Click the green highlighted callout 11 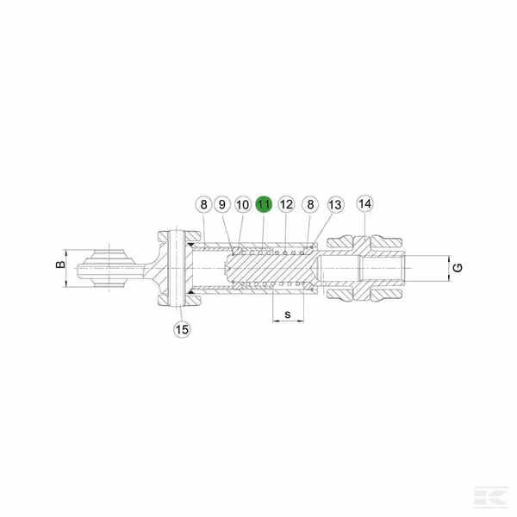(264, 204)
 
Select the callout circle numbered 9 (222, 204)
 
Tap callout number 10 (243, 205)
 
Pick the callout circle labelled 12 (286, 204)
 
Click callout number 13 (335, 205)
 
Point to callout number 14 (364, 203)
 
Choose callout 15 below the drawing (182, 329)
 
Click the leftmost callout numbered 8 (203, 204)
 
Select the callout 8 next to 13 (310, 204)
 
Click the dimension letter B (60, 265)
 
